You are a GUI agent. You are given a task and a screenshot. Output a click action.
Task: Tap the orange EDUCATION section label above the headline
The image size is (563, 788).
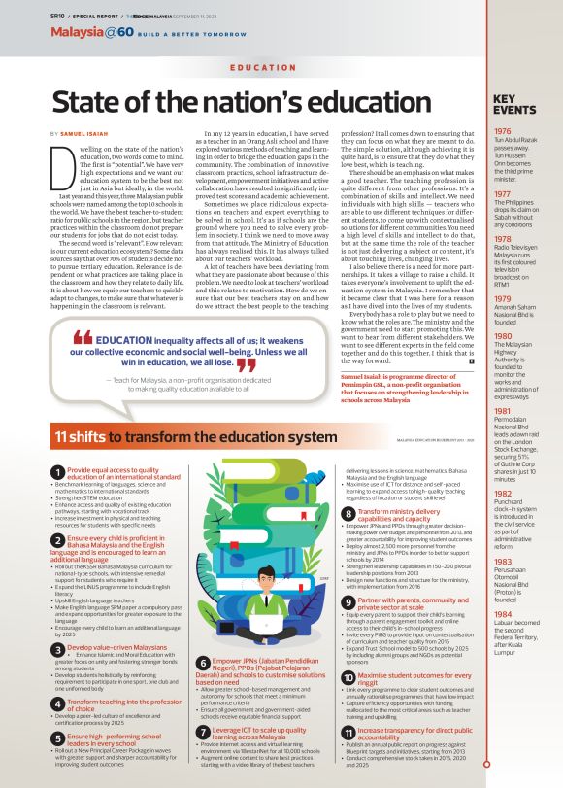[x=257, y=69]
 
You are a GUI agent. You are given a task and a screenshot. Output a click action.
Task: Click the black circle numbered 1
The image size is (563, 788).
[x=58, y=473]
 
